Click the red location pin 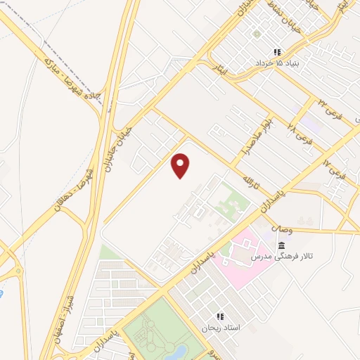click(181, 165)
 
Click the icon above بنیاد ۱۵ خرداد click(277, 51)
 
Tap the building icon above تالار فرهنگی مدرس click(281, 245)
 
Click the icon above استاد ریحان click(219, 317)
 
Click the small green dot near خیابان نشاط click(257, 33)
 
